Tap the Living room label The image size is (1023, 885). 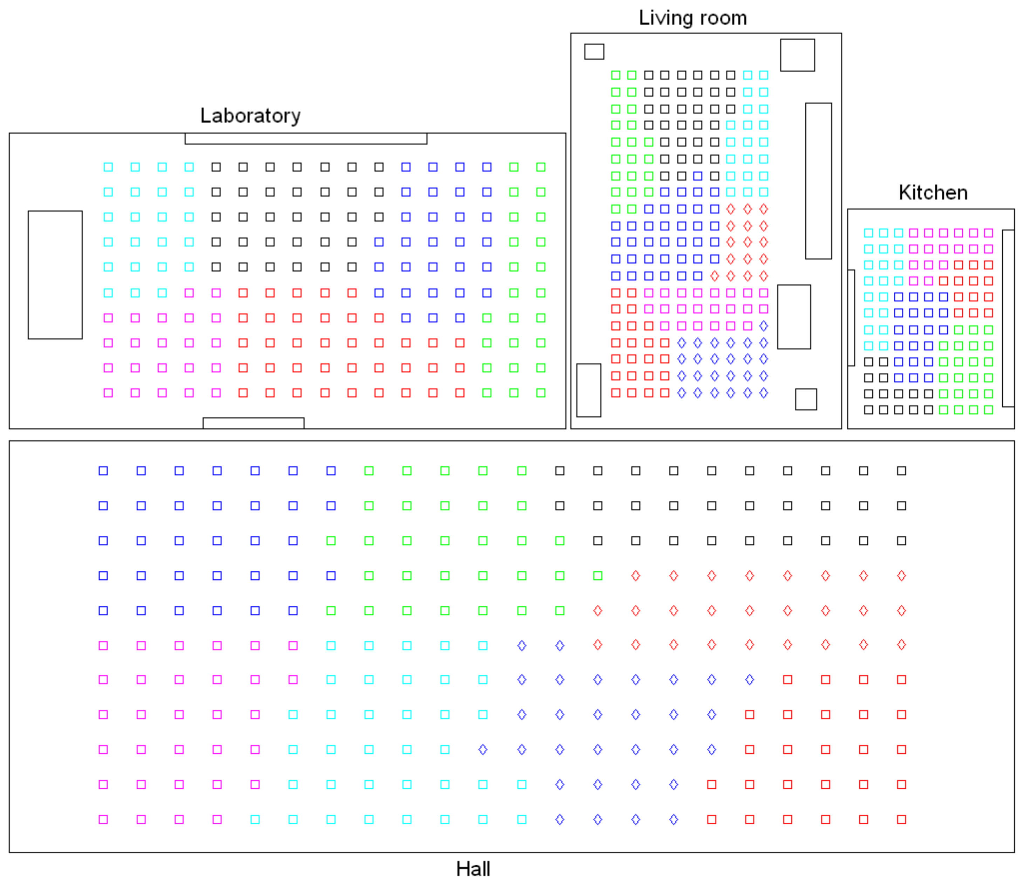(x=692, y=18)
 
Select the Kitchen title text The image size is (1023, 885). (x=933, y=193)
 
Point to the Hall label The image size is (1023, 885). (x=473, y=869)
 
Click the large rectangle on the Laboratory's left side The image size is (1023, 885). (x=55, y=275)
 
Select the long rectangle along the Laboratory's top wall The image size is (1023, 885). (x=306, y=139)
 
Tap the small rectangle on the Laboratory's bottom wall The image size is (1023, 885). (x=253, y=423)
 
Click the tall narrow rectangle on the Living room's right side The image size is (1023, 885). (x=818, y=181)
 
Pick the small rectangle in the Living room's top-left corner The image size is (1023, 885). (x=594, y=52)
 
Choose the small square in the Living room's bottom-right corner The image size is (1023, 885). (x=806, y=399)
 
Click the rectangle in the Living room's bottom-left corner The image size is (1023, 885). (x=588, y=390)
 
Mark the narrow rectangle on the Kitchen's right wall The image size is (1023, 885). (x=1008, y=318)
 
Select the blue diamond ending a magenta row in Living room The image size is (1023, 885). (x=763, y=325)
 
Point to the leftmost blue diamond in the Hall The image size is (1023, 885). (x=483, y=750)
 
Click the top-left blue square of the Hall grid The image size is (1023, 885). (x=103, y=471)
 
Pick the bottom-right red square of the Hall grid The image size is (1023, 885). (x=901, y=819)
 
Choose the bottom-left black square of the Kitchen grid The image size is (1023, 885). (x=868, y=410)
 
